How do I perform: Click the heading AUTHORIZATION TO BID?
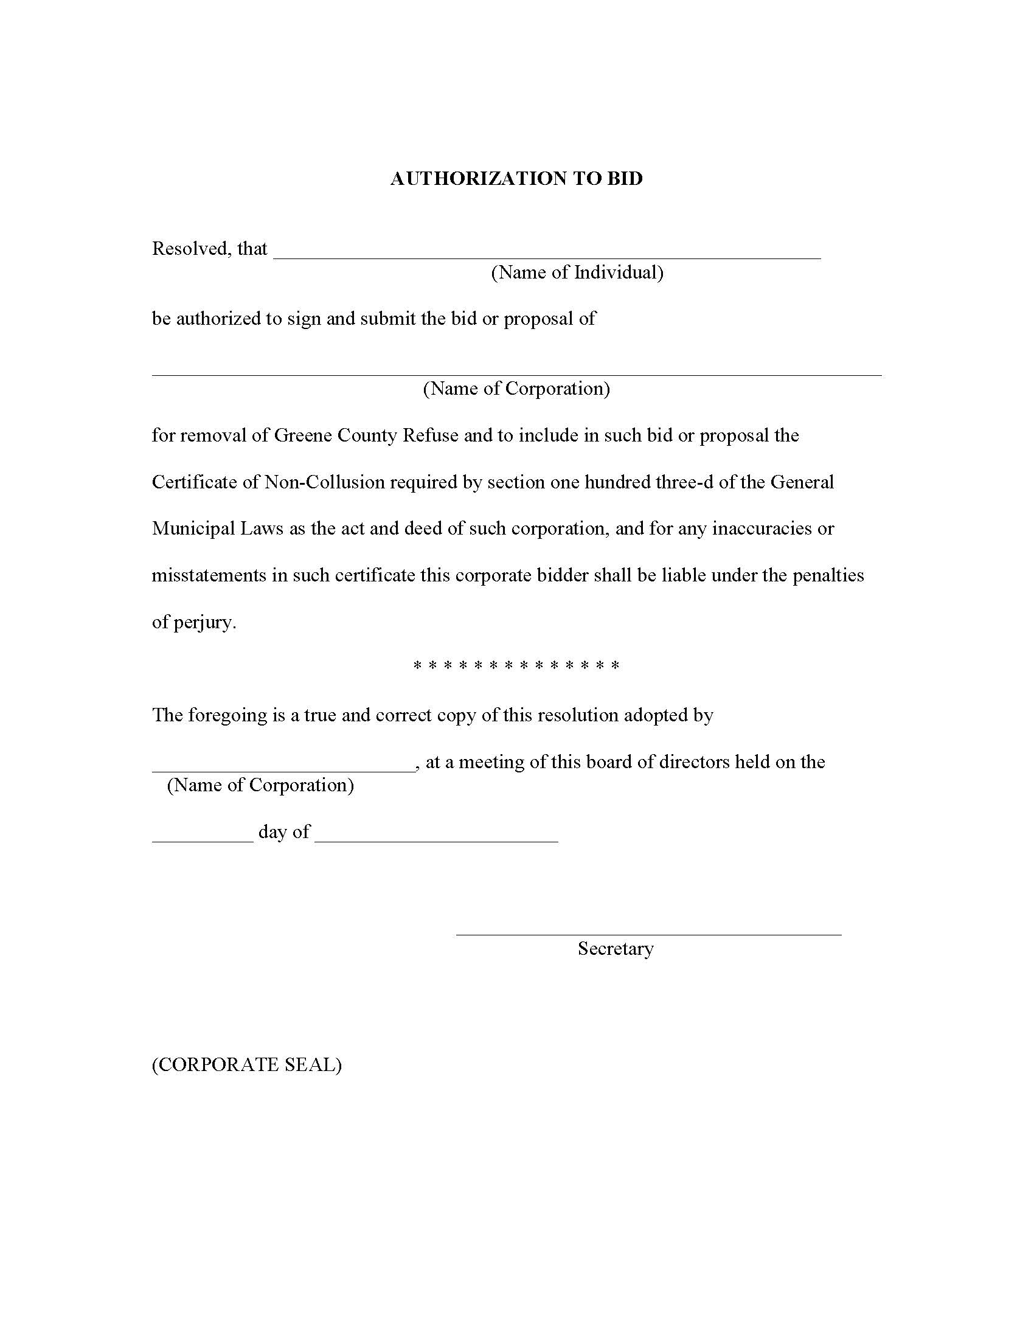pos(516,178)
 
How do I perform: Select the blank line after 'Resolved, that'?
pos(546,256)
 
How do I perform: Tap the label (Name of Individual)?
pos(577,272)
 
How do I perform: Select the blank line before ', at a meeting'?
pos(283,769)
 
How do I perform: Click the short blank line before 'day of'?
pos(202,840)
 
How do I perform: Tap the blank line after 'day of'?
pos(436,840)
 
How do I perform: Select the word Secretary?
pos(615,949)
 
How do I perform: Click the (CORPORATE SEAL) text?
pos(246,1065)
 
